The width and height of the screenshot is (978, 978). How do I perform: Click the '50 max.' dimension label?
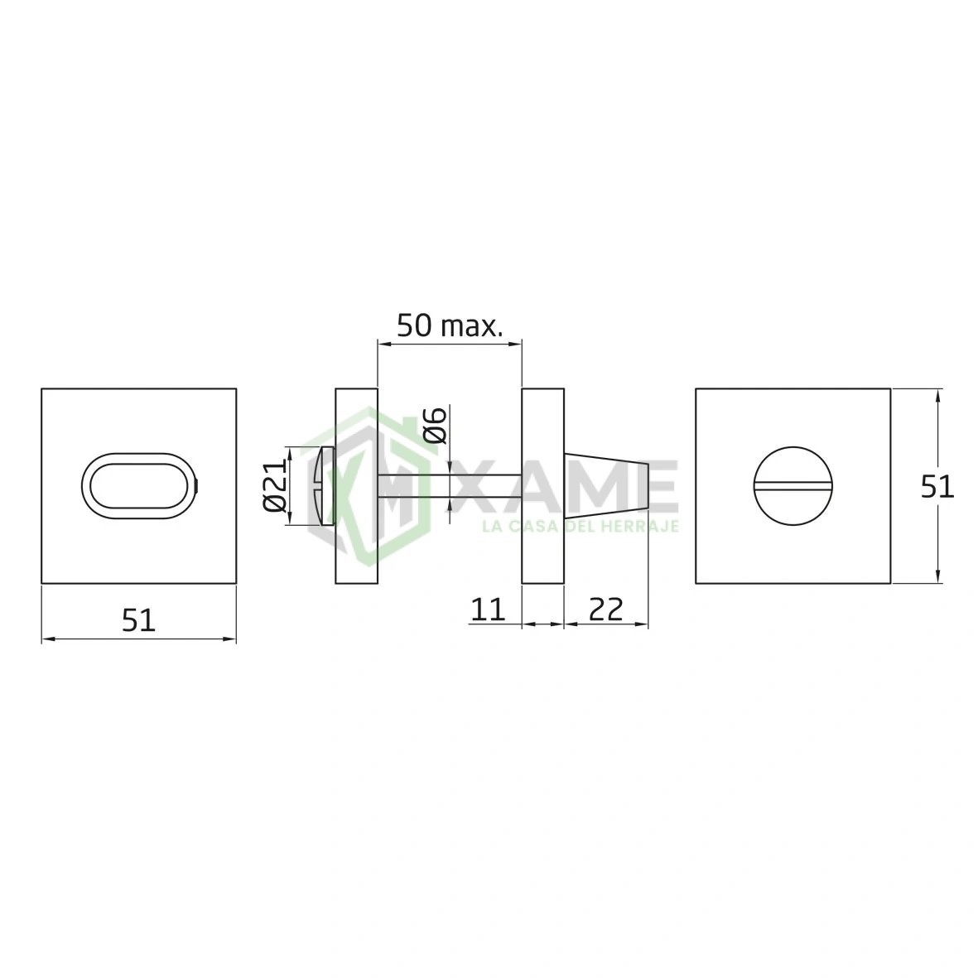pos(450,325)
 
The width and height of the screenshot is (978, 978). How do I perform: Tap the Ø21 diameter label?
pos(274,485)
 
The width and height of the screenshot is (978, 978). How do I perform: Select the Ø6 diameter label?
pos(435,425)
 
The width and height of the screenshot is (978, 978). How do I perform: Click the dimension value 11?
pos(488,609)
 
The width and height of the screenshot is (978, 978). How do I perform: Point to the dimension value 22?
pos(605,609)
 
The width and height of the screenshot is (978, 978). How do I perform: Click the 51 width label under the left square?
pos(137,620)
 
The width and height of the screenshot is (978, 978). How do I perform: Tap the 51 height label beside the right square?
pos(937,486)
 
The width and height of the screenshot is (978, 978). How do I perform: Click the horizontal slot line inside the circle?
pos(793,484)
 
